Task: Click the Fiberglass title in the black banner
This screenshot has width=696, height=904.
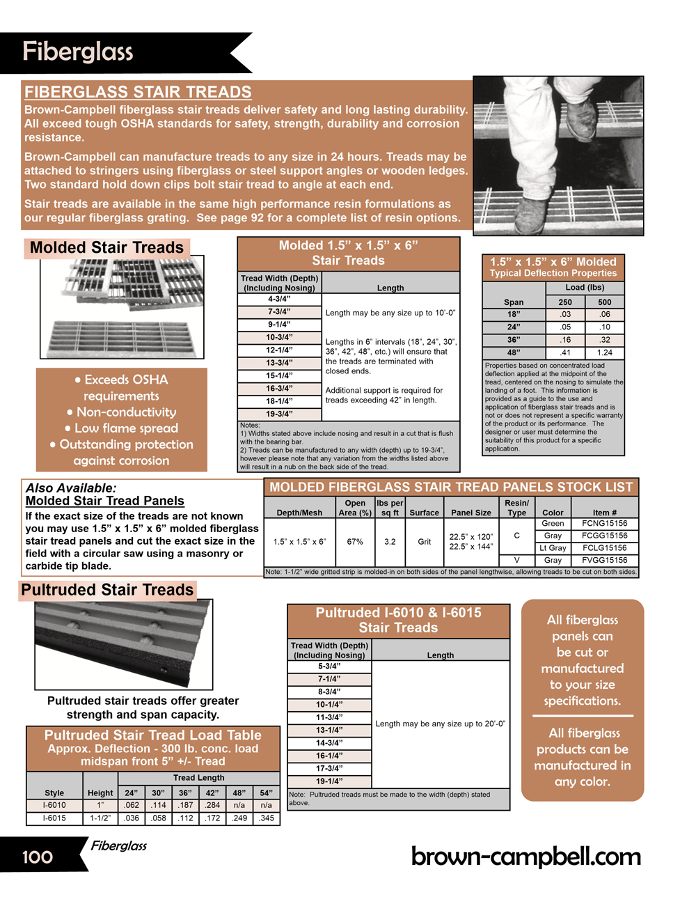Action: tap(77, 52)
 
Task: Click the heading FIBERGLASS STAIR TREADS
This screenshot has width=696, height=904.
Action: tap(138, 92)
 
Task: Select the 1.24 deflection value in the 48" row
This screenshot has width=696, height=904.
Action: tap(604, 352)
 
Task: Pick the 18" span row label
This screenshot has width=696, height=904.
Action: tap(514, 315)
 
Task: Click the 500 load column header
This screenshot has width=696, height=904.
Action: tap(604, 302)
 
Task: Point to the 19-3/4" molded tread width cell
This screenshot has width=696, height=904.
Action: tap(279, 414)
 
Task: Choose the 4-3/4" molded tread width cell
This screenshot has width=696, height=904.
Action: tap(279, 299)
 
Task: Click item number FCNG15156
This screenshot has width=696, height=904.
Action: tap(604, 524)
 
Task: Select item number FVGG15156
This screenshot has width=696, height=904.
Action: tap(604, 560)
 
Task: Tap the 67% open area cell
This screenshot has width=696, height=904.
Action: tap(355, 542)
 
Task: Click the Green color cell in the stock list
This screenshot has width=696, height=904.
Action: tap(553, 524)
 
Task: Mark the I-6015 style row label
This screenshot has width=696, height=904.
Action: tap(54, 818)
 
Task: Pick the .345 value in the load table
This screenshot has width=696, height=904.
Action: tap(266, 818)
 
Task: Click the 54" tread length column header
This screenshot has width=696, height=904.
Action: tap(266, 793)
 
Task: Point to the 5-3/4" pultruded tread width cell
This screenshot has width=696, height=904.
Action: tap(329, 667)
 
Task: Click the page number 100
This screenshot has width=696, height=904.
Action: tap(38, 857)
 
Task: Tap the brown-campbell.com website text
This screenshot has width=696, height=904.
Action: tap(525, 857)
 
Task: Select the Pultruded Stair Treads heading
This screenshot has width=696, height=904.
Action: tap(107, 590)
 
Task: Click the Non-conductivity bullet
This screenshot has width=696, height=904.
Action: tap(122, 412)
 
